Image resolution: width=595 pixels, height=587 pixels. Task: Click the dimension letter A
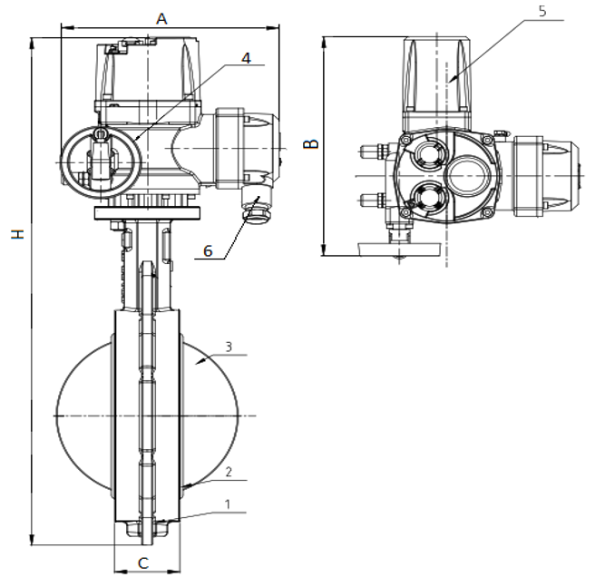pos(161,19)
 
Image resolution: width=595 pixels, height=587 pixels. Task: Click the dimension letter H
pos(17,234)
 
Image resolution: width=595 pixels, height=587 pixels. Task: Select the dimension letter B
pos(311,144)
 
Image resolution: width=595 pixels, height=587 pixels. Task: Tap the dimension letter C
pos(143,563)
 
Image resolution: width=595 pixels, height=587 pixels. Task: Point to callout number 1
pos(228,504)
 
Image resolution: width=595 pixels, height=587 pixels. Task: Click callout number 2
pos(229,472)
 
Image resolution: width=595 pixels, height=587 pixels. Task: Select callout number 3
pos(229,347)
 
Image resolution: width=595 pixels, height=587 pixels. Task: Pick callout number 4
pos(247,58)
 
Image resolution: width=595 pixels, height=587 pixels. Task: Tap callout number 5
pos(542,12)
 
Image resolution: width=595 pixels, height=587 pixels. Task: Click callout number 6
pos(208,251)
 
